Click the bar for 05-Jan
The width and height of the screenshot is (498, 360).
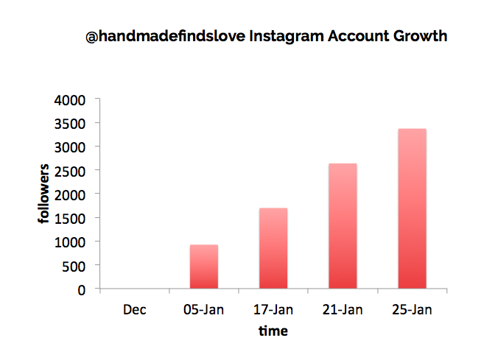coord(204,267)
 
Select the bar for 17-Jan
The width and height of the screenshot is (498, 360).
coord(273,248)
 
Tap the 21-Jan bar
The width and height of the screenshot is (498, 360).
coord(343,226)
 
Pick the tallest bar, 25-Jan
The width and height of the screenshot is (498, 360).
coord(413,208)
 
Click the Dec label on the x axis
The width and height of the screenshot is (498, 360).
coord(135,309)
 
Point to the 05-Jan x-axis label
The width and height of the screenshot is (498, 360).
coord(203,309)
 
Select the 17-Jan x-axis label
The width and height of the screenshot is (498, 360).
coord(273,309)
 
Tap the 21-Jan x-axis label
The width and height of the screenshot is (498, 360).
coord(343,309)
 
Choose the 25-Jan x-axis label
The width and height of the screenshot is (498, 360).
coord(412,309)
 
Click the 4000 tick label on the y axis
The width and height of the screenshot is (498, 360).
coord(70,100)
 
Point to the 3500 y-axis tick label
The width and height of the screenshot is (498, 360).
coord(70,124)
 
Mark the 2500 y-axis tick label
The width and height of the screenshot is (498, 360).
coord(70,172)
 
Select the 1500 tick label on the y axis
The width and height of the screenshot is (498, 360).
coord(70,219)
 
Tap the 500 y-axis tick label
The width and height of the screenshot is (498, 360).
coord(74,267)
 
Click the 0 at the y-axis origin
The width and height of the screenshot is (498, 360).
coord(82,290)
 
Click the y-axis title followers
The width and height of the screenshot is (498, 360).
coord(43,194)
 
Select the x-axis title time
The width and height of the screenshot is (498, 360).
coord(273,331)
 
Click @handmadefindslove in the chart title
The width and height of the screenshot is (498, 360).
coord(166,36)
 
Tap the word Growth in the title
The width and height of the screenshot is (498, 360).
coord(420,36)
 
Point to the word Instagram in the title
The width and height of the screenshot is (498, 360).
coord(287,37)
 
